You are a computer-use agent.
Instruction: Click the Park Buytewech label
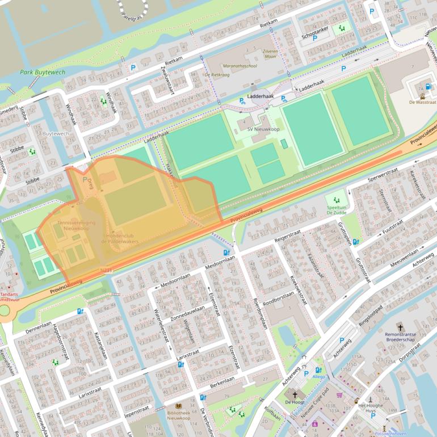pos(43,72)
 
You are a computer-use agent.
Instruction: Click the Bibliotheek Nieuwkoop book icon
pos(179,407)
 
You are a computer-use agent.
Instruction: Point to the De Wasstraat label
pos(422,103)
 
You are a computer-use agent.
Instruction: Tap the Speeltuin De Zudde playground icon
pos(336,200)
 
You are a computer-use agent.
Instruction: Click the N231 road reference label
pos(106,271)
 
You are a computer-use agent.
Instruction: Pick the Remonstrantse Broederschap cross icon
pos(401,327)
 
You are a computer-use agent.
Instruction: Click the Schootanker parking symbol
pos(314,39)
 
